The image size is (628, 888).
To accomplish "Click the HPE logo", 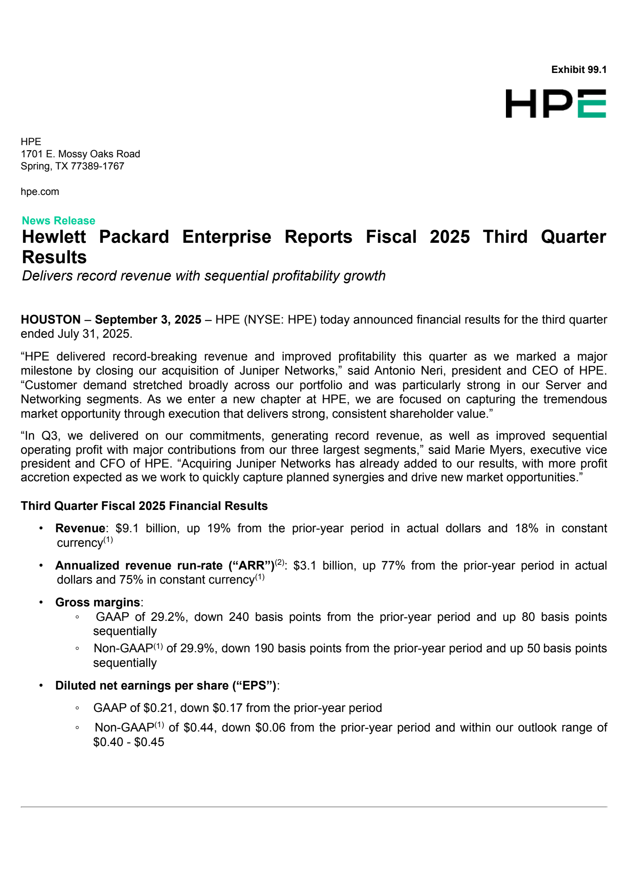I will tap(555, 104).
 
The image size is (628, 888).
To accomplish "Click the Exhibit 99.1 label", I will tap(579, 70).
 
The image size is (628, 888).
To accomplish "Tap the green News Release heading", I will tap(58, 220).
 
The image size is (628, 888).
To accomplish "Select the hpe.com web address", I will tap(40, 192).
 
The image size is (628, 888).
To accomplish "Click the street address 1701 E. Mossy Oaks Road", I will tap(80, 154).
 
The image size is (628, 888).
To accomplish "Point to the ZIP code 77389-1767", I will tap(97, 166).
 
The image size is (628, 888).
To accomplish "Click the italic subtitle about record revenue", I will tap(204, 276).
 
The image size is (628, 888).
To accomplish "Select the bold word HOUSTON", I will tap(51, 320).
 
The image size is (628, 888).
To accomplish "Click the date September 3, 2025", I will tap(148, 320).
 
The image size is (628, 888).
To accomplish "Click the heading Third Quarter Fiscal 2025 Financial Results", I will tap(144, 506).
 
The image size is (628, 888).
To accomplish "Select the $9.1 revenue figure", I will tap(127, 529).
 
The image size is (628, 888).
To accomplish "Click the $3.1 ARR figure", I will tap(305, 566).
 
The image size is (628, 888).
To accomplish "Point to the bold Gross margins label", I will tap(98, 602).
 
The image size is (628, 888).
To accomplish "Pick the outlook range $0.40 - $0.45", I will tap(129, 742).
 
